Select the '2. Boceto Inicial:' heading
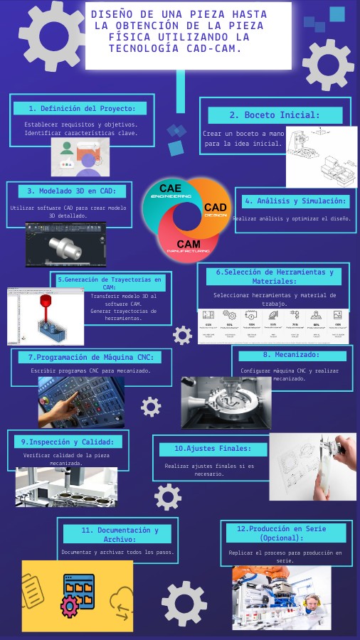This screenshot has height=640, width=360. (x=275, y=115)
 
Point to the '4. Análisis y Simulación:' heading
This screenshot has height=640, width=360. (x=296, y=201)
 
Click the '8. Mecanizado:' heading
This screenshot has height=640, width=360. (x=292, y=355)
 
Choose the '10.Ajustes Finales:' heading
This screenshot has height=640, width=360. (x=213, y=449)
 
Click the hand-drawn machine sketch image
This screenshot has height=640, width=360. (x=321, y=156)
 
